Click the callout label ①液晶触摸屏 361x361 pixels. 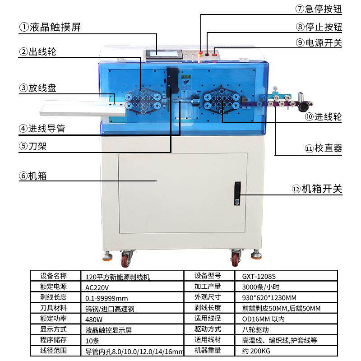pyautogui.click(x=50, y=27)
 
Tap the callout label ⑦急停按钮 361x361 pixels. pyautogui.click(x=319, y=9)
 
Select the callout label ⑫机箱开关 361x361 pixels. pyautogui.click(x=317, y=189)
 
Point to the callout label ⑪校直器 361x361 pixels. pyautogui.click(x=323, y=148)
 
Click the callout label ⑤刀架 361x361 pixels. pyautogui.click(x=33, y=146)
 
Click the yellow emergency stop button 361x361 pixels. pyautogui.click(x=201, y=54)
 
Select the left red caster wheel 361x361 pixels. pyautogui.click(x=125, y=259)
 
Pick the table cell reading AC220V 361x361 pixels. pyautogui.click(x=97, y=287)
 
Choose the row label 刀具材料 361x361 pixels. pyautogui.click(x=53, y=308)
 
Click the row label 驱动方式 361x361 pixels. pyautogui.click(x=207, y=329)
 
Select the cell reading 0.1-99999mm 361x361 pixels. pyautogui.click(x=106, y=297)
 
